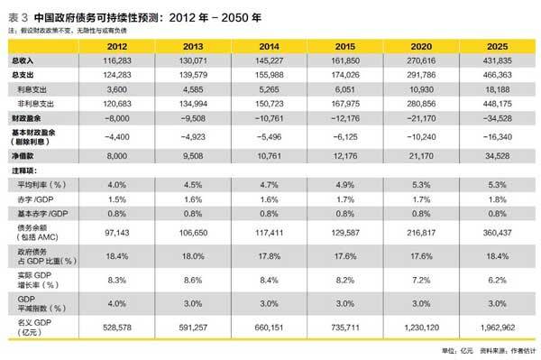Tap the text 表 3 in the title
coord(15,9)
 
